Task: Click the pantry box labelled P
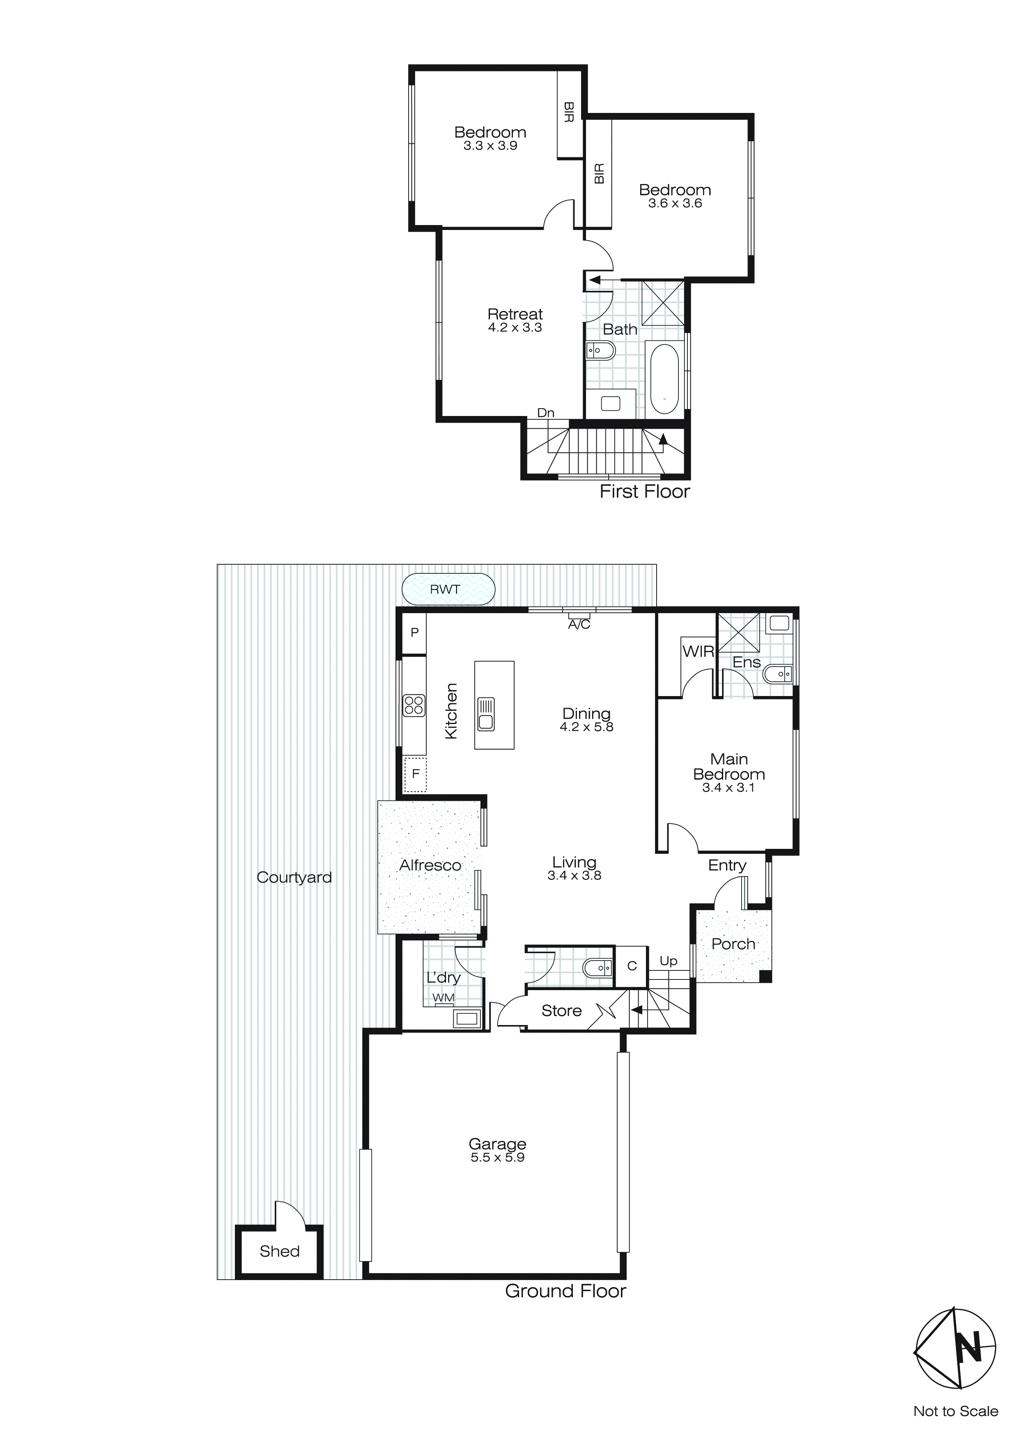[414, 632]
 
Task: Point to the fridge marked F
[415, 774]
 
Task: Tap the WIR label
[698, 651]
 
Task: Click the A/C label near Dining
[579, 625]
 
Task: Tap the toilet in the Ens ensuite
[777, 674]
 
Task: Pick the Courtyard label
[294, 878]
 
